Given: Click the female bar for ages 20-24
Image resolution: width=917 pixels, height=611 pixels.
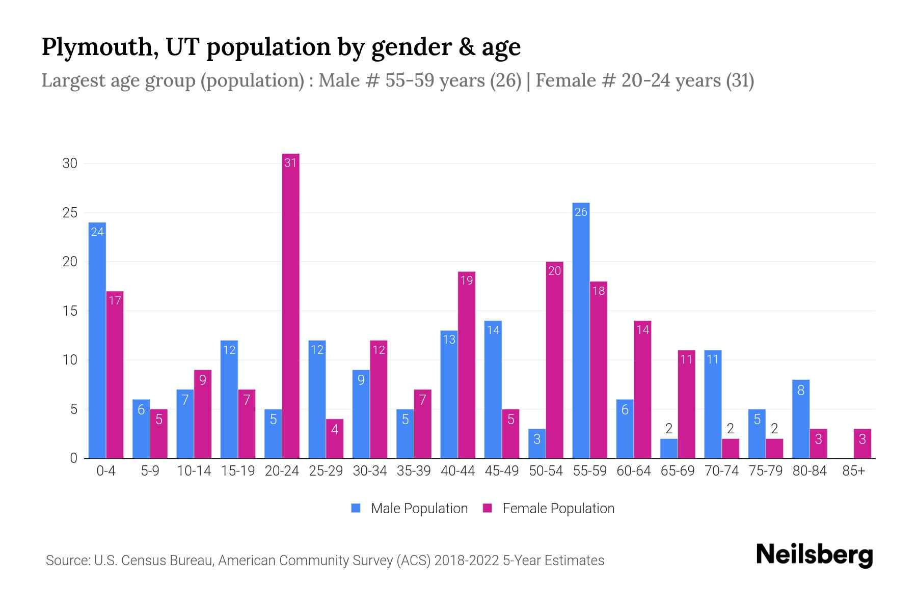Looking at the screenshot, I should tap(290, 305).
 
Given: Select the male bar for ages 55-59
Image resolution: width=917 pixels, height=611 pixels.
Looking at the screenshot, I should tap(581, 331).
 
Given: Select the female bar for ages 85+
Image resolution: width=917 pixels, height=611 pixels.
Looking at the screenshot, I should tap(862, 443).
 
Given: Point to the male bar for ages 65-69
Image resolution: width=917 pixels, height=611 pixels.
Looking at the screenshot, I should tap(669, 449).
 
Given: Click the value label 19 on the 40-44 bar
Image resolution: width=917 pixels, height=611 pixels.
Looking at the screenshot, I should tap(467, 280).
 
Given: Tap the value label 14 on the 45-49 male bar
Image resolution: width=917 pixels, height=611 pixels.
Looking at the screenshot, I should tap(493, 330).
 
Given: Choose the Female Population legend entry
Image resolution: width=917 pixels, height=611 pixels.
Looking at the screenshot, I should tap(549, 508).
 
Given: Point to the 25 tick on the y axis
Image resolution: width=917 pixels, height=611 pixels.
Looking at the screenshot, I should tap(70, 212).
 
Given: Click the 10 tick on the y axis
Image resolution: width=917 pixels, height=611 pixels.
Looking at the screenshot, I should tap(70, 360).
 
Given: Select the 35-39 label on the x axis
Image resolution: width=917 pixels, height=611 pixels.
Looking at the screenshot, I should tap(414, 471).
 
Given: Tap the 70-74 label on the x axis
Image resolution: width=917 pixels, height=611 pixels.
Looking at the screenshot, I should tap(721, 471).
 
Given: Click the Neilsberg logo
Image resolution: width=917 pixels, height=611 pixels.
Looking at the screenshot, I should tap(814, 554).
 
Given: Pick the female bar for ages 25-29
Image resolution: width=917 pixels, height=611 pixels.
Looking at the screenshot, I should tap(335, 438).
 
